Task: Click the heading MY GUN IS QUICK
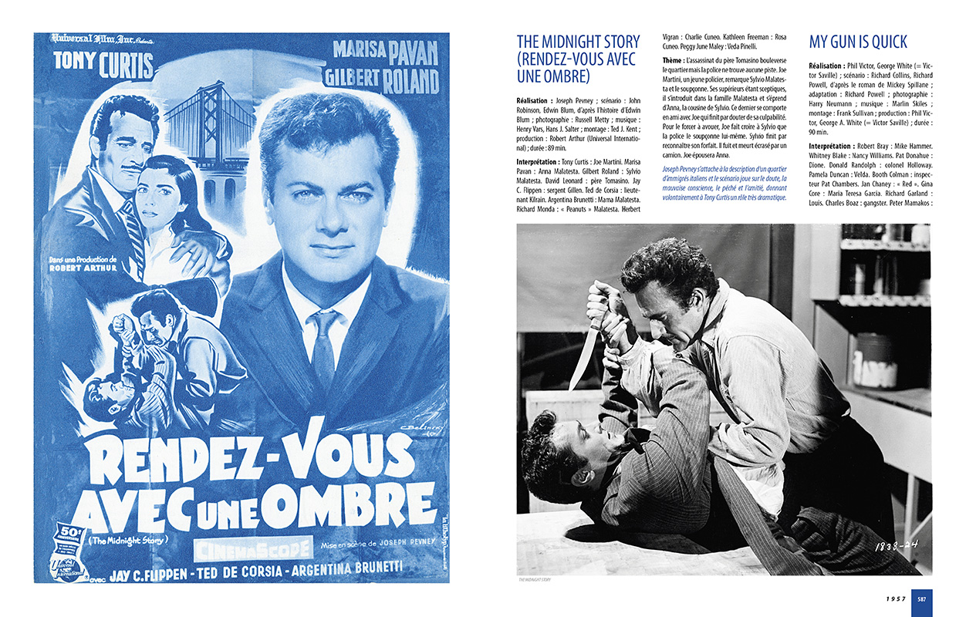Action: pyautogui.click(x=858, y=42)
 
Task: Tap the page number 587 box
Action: pyautogui.click(x=922, y=598)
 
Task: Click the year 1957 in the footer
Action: pyautogui.click(x=895, y=598)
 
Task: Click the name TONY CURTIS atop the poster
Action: pyautogui.click(x=103, y=64)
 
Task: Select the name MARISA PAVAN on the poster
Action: pyautogui.click(x=385, y=52)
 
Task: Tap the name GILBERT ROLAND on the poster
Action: pyautogui.click(x=381, y=79)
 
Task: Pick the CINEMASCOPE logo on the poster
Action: pyautogui.click(x=252, y=548)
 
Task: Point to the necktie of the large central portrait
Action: pyautogui.click(x=323, y=347)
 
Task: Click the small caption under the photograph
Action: pyautogui.click(x=535, y=580)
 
